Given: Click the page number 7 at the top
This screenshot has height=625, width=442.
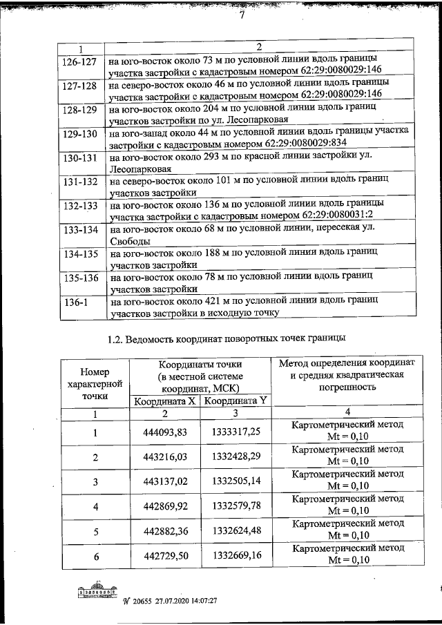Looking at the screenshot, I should click(x=242, y=18).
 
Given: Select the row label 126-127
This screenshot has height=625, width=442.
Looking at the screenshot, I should click(x=81, y=61).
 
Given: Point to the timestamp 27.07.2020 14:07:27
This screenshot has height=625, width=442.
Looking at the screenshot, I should click(x=180, y=602).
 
